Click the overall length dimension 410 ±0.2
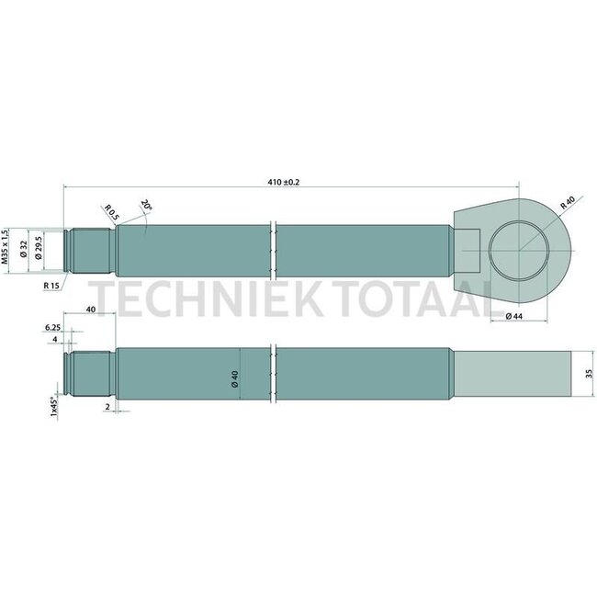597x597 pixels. (x=283, y=182)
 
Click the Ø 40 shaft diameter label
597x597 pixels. (x=235, y=377)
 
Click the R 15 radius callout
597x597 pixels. (x=51, y=286)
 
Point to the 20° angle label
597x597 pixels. (x=146, y=206)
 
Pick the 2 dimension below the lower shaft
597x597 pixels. (x=107, y=404)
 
